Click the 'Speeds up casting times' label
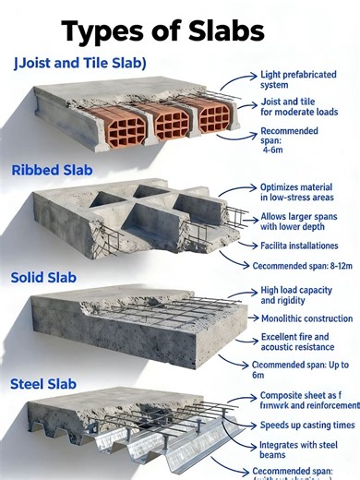[x=306, y=424]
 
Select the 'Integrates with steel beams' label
[x=297, y=450]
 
